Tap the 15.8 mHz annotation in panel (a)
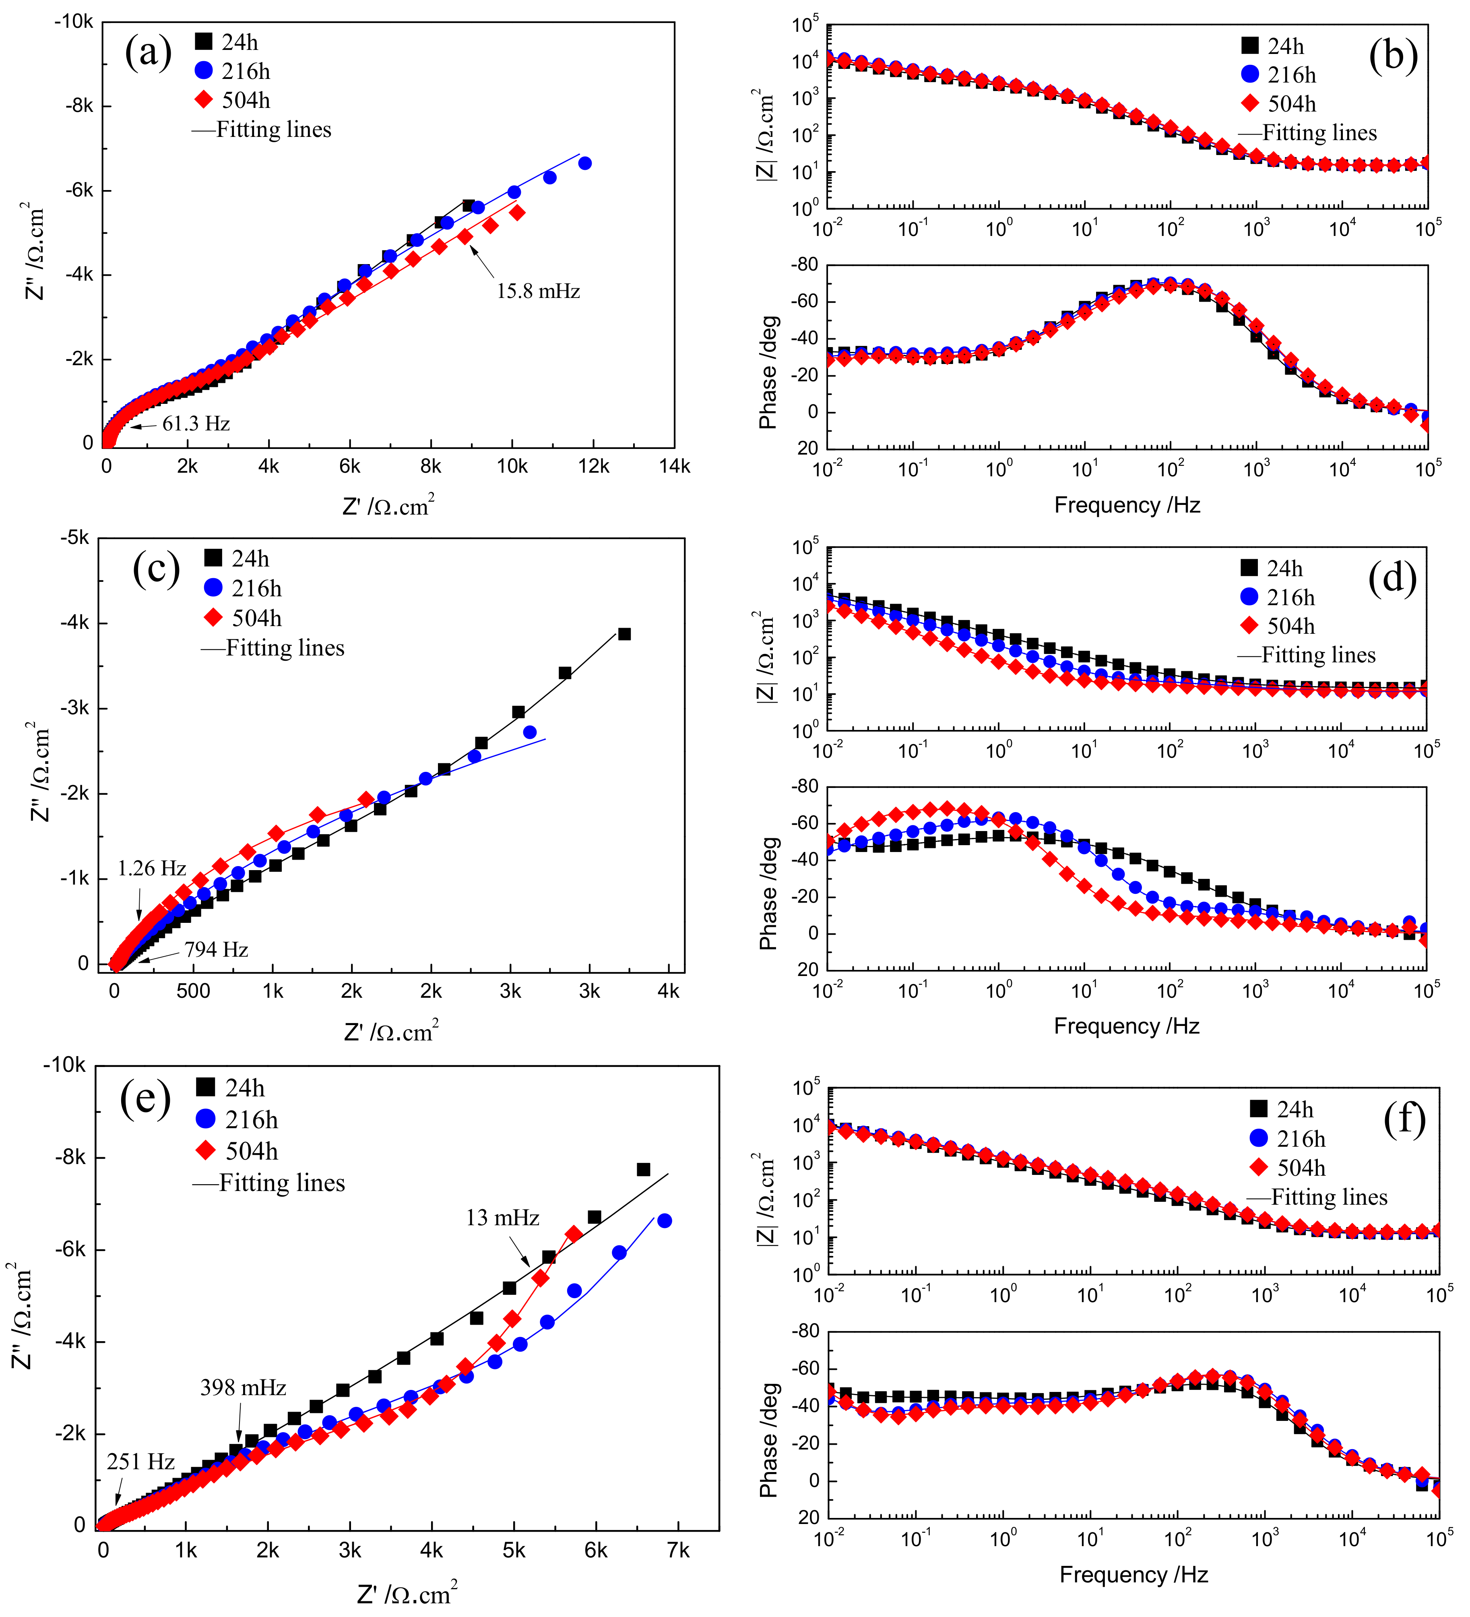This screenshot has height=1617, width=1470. (x=537, y=291)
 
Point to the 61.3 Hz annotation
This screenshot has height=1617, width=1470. (x=196, y=424)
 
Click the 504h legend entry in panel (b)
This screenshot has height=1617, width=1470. (x=1291, y=103)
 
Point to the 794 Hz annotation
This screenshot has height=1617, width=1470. (x=216, y=950)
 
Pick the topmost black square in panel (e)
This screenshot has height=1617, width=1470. (x=643, y=1169)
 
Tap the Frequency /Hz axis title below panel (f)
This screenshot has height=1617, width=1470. (x=1133, y=1574)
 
